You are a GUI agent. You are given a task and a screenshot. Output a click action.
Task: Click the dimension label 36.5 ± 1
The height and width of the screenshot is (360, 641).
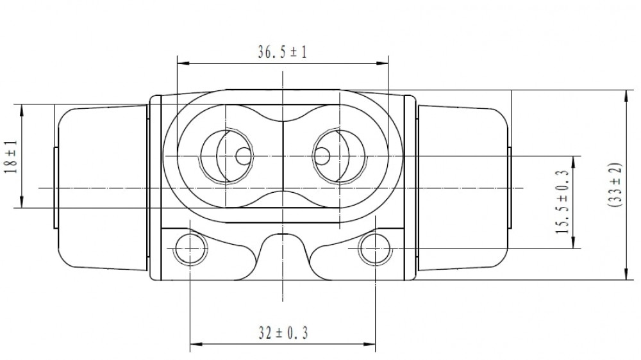click(x=282, y=52)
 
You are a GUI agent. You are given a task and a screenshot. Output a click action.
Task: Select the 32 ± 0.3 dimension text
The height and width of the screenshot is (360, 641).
click(x=283, y=333)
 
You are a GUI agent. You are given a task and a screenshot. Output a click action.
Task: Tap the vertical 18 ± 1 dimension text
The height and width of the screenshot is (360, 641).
click(x=11, y=156)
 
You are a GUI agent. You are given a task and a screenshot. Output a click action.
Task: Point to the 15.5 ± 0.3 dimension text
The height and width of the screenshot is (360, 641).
click(x=563, y=202)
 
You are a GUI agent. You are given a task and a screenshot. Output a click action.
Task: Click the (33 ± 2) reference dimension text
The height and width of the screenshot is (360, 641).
click(x=615, y=184)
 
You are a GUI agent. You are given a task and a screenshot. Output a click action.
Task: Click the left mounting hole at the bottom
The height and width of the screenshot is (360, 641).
click(x=190, y=248)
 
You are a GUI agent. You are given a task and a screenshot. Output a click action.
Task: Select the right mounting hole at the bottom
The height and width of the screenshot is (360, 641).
click(x=375, y=248)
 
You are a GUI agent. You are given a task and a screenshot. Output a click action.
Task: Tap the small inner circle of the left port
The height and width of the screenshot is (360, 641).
click(x=244, y=156)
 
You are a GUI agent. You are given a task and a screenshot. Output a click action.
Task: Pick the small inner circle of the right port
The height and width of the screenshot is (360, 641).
click(x=322, y=156)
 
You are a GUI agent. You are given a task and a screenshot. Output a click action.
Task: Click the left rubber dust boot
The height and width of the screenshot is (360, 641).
click(x=102, y=188)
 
